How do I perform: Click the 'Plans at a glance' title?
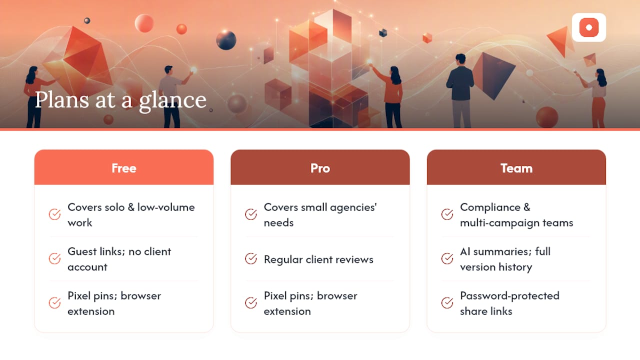pos(120,100)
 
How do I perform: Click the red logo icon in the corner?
pos(589,27)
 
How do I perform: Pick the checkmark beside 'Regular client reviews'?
pos(251,259)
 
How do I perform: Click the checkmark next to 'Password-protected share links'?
pos(447,303)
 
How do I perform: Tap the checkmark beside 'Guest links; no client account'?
pos(54,259)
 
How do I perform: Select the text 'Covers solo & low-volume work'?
pos(131,215)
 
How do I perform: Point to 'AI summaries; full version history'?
pos(505,259)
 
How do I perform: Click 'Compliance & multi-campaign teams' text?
pos(516,215)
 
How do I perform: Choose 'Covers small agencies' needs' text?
pos(320,215)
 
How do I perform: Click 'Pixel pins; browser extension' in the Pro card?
pos(310,303)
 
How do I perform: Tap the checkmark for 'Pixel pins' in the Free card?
pos(54,303)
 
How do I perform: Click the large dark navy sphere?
pos(226,40)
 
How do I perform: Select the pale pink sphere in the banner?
pos(144,23)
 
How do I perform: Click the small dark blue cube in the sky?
pos(383,33)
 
